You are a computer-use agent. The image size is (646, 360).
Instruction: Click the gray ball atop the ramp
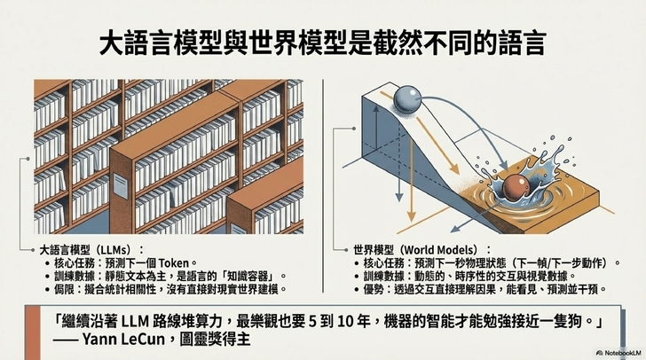point(407,98)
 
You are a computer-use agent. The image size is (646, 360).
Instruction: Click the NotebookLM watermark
point(619,353)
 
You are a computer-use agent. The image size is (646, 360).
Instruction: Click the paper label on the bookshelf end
point(120,186)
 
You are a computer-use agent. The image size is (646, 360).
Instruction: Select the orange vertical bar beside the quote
point(34,333)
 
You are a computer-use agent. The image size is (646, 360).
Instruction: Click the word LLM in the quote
point(135,321)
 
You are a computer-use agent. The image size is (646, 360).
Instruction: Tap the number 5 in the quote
point(312,321)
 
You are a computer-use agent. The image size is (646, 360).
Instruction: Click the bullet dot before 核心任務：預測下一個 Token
point(48,263)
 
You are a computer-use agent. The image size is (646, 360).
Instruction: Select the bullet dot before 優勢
point(357,290)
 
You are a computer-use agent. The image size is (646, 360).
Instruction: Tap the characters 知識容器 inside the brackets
point(248,276)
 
